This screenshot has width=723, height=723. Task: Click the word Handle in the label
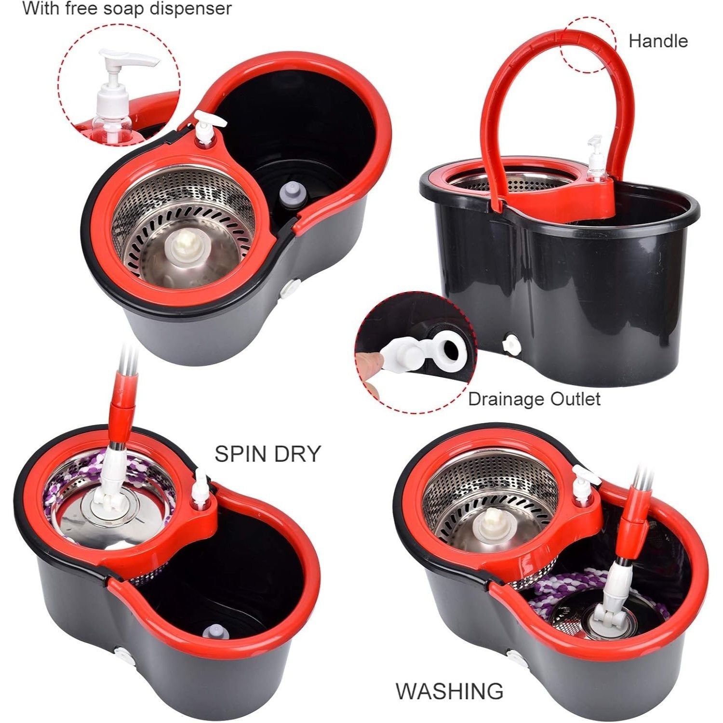658,41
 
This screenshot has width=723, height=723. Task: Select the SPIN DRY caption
268,454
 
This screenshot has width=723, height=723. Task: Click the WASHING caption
449,691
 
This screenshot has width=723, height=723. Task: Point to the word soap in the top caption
133,9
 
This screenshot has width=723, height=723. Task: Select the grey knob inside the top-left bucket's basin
289,194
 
